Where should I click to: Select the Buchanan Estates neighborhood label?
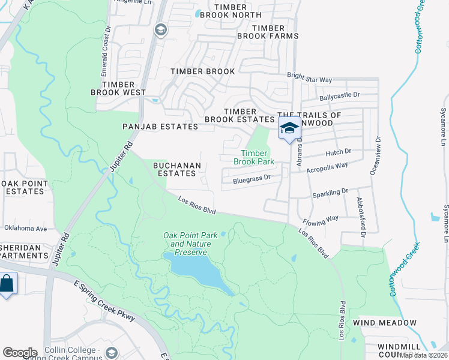pos(174,169)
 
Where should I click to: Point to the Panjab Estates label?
pos(160,127)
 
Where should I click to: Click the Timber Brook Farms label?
pos(276,32)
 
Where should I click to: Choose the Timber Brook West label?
pos(118,89)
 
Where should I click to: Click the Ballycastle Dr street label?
pos(339,95)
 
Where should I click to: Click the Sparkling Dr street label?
pos(330,192)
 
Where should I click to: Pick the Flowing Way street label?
pos(321,218)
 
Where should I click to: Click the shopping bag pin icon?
pos(7,284)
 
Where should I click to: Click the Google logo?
pos(20,353)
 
